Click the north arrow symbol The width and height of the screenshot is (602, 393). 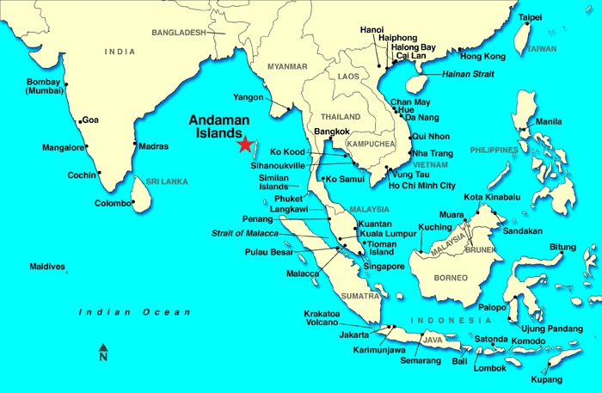[x=103, y=352]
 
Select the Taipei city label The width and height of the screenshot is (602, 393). [x=531, y=17]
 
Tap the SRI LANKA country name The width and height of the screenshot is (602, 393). [x=167, y=182]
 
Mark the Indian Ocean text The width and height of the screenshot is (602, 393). [x=134, y=312]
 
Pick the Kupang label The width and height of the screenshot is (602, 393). [x=548, y=379]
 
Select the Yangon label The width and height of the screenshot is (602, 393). [x=246, y=97]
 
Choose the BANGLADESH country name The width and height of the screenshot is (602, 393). [x=179, y=33]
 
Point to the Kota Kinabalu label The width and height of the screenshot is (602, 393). [x=492, y=197]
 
